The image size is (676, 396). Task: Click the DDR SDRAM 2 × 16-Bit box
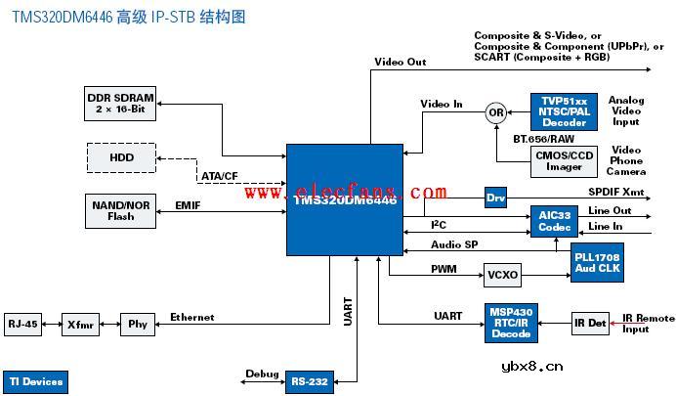point(120,104)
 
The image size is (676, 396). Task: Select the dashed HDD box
point(120,157)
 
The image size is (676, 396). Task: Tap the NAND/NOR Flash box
point(120,210)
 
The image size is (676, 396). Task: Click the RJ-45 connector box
point(23,324)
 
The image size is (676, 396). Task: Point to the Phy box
point(136,324)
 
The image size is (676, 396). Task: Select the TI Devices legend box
point(36,380)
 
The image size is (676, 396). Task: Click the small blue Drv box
point(496,198)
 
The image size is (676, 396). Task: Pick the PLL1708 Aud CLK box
point(597,262)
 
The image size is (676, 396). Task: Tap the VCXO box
point(503,275)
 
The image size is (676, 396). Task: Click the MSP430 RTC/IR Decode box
point(511,324)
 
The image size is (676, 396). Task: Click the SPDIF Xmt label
point(615,192)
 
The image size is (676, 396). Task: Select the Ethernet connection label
point(191,317)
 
